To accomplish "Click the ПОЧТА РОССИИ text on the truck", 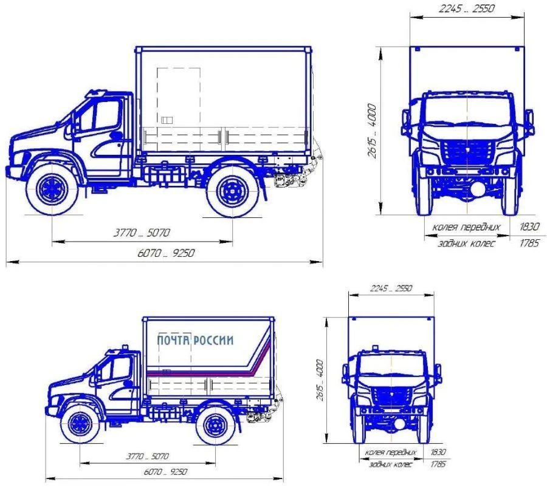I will coord(194,340).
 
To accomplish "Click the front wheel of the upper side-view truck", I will coord(52,188).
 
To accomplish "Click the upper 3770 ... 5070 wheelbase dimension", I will coord(143,232).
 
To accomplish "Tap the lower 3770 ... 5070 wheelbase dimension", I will coord(146,456).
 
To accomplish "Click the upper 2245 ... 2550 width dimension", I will coord(467,10).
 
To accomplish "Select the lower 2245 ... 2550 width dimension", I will coord(391,288).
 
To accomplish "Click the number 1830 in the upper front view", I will coord(529,227).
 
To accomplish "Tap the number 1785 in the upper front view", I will coord(529,243).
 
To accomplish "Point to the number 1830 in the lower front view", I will coord(438,452).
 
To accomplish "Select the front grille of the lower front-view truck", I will coord(391,397).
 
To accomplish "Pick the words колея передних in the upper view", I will coord(466,227).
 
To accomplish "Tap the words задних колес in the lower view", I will coord(390,465).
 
